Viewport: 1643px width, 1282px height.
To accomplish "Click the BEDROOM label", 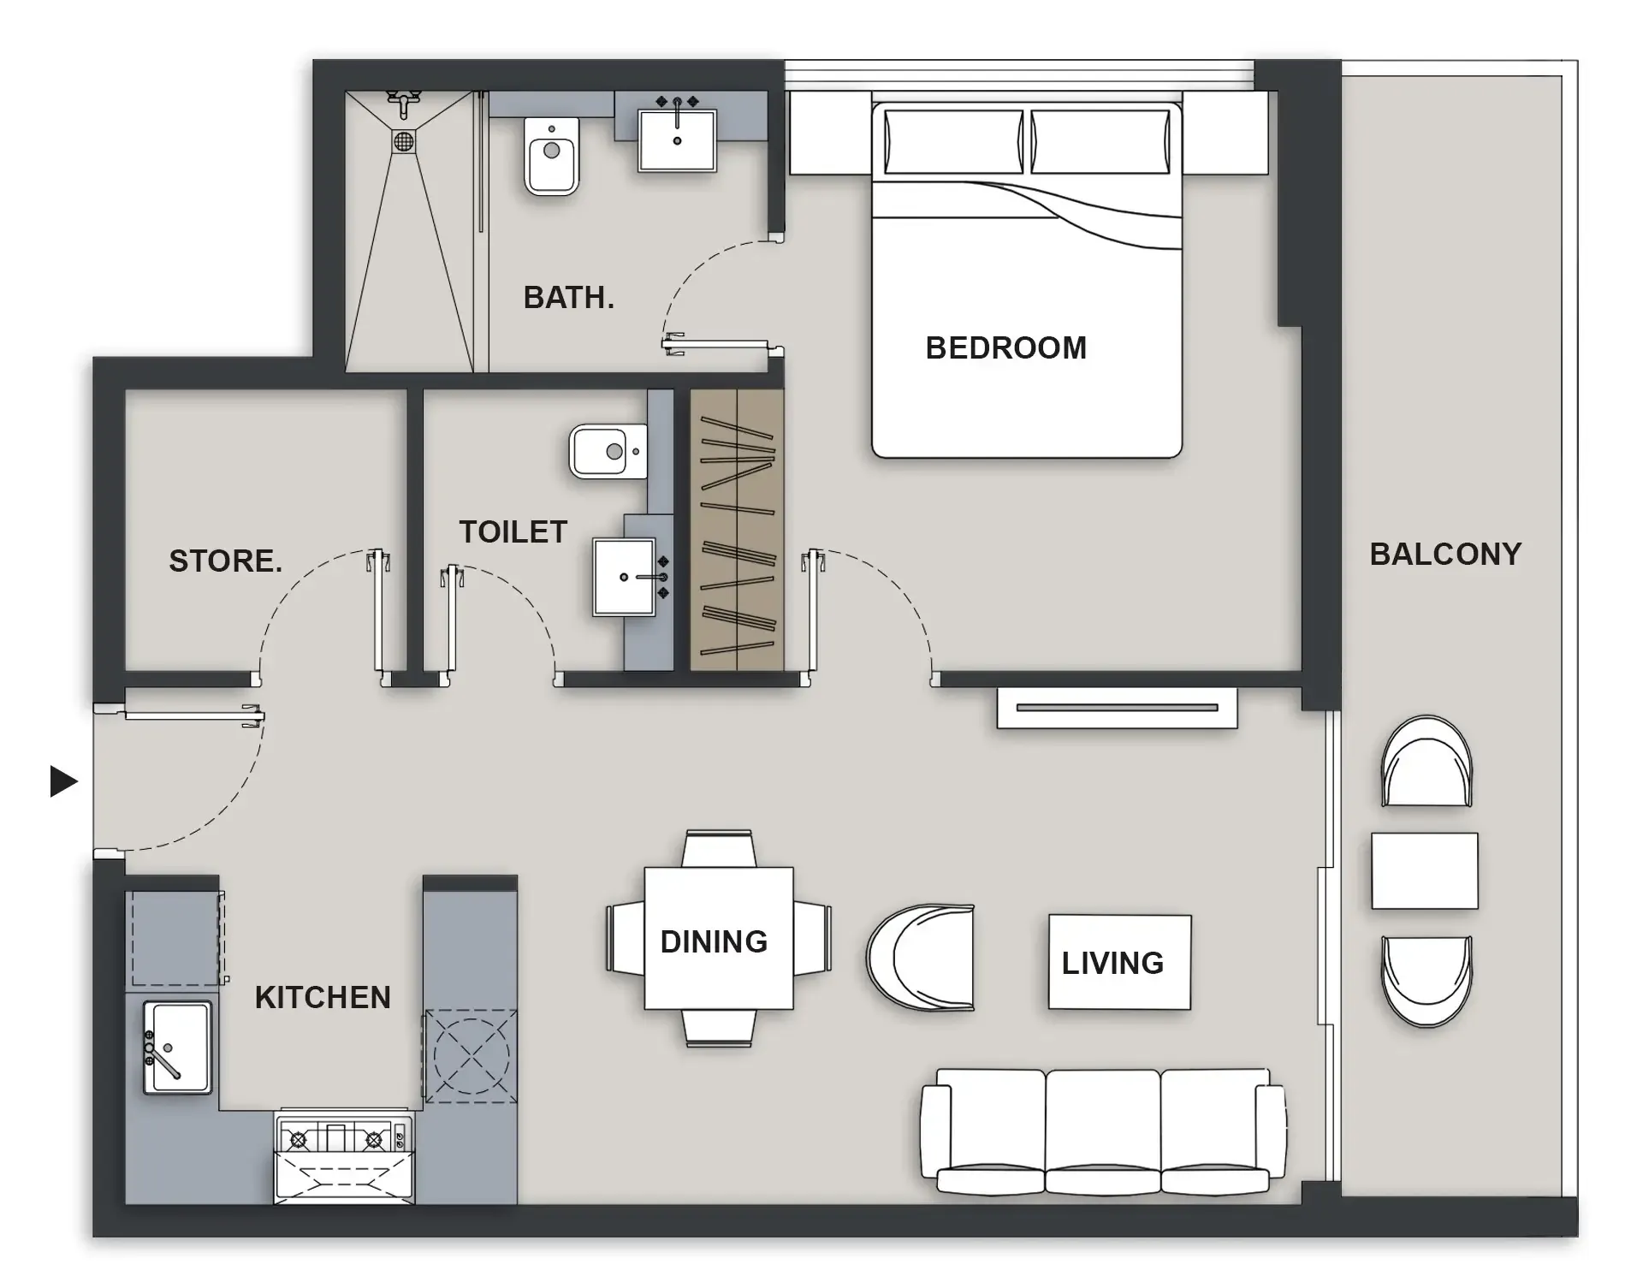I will click(1005, 348).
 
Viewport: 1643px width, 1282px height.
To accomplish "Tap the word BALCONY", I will click(1445, 554).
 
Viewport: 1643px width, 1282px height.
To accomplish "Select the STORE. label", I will click(225, 561).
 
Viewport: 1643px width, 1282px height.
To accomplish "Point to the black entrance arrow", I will click(63, 780).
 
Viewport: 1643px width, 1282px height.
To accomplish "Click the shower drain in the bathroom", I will click(404, 140).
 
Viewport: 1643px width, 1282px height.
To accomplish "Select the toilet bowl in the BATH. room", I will click(551, 157).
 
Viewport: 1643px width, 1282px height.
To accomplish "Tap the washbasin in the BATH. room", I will click(677, 140).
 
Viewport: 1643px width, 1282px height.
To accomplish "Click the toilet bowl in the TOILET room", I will click(607, 451).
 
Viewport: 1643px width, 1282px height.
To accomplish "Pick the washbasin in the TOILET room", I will click(625, 578).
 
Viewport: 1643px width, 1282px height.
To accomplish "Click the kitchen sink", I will click(177, 1047).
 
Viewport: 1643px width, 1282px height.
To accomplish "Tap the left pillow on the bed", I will click(953, 141).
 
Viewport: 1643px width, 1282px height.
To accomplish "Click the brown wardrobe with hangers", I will click(737, 531).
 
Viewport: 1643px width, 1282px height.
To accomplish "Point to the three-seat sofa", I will click(1103, 1131).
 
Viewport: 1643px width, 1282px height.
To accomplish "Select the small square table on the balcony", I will click(1424, 870).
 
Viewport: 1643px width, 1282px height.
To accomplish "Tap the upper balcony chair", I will click(1427, 762).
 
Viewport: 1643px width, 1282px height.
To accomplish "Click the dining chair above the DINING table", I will click(719, 848).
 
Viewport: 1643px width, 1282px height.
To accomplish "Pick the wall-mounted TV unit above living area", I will click(1117, 708).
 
